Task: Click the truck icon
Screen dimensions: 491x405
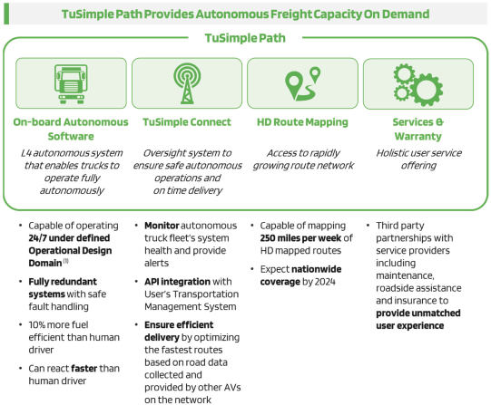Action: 71,83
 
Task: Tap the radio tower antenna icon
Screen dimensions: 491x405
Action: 187,83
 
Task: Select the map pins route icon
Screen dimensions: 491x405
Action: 303,83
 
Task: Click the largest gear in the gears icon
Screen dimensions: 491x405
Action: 427,90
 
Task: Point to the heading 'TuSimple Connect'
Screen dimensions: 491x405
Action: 187,122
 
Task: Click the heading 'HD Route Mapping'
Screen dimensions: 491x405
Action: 302,122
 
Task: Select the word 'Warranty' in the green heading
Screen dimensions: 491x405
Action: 418,136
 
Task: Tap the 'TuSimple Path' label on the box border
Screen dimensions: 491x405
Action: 245,38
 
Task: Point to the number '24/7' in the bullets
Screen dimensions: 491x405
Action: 37,238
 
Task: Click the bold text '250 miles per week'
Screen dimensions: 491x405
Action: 300,238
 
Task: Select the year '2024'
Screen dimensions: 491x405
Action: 325,282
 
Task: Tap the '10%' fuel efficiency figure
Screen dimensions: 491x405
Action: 37,325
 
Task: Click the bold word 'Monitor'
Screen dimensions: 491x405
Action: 162,226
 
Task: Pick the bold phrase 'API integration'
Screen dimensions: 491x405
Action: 177,282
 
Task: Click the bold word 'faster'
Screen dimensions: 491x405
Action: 84,369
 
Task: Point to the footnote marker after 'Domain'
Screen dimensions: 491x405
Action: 65,261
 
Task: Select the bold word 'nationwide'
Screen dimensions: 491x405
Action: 316,269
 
